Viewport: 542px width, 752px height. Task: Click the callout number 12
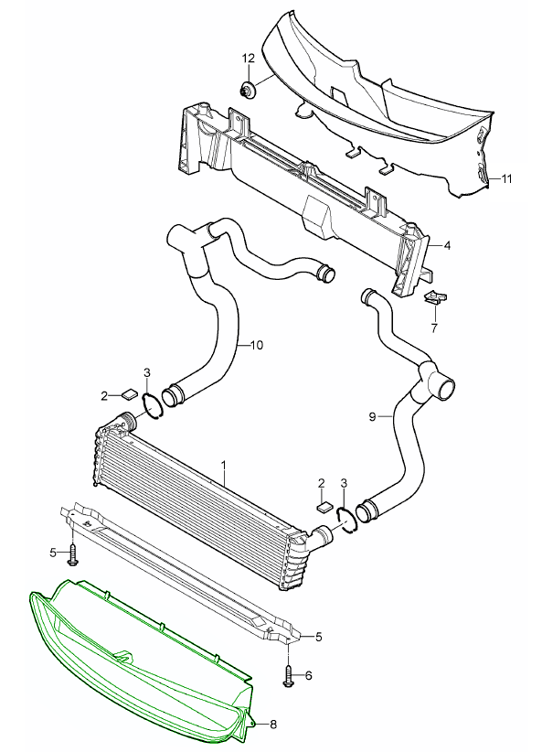[x=249, y=59]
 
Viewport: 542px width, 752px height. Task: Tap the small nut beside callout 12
[x=248, y=91]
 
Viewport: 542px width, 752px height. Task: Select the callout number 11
[x=507, y=179]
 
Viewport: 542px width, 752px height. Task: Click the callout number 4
[x=447, y=245]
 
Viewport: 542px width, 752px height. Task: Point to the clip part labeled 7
[x=436, y=298]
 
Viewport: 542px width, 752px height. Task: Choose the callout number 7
[x=434, y=328]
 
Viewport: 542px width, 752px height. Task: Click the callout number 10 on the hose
[x=257, y=345]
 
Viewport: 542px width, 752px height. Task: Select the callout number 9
[x=372, y=416]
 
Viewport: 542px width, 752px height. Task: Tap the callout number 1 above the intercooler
[x=223, y=465]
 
